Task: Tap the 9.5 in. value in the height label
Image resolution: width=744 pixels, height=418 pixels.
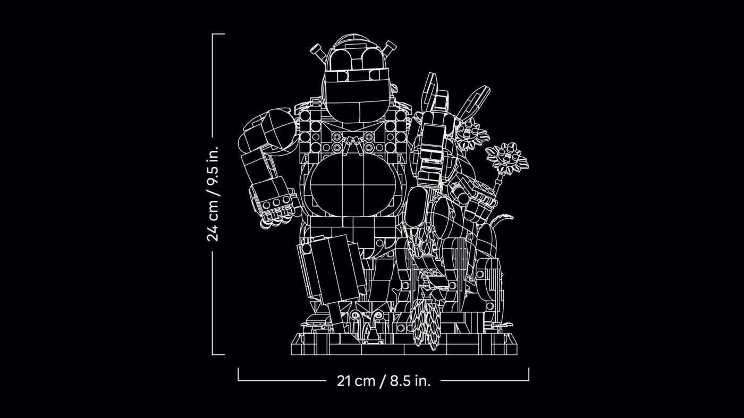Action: coord(213,166)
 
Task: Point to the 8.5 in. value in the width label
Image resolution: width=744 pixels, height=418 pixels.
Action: coord(410,381)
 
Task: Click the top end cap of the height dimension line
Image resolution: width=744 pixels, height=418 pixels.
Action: coord(218,34)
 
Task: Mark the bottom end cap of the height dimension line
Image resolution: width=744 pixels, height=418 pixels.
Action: coord(218,354)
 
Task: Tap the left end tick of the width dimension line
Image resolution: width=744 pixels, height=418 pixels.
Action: coord(238,374)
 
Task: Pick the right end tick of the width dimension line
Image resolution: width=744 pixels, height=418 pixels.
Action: coord(528,374)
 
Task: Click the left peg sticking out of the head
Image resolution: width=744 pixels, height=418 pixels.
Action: coord(318,52)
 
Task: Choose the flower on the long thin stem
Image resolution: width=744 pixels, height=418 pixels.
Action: coord(506,158)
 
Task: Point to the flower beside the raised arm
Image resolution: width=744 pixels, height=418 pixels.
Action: coord(469,135)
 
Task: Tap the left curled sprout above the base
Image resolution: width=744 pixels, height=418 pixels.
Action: coord(356,319)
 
